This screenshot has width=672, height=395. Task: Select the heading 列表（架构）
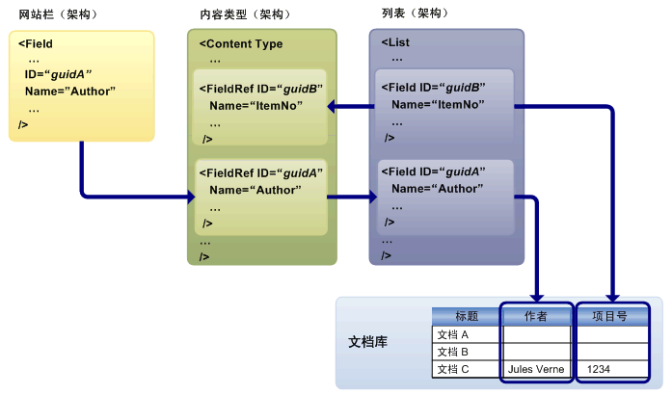pos(419,14)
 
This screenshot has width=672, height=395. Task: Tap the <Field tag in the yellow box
pos(36,44)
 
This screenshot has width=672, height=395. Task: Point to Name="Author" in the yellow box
pos(70,91)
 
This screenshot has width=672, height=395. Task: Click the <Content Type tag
pos(240,43)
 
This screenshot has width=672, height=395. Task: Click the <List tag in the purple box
pos(395,42)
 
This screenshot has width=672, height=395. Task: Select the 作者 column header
pos(536,316)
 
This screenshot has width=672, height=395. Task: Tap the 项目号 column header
pos(609,316)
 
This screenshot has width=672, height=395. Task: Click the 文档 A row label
pos(453,334)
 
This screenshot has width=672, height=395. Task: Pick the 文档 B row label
pos(453,352)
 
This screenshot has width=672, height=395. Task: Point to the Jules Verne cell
pos(535,369)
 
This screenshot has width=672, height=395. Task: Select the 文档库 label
pos(368,342)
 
